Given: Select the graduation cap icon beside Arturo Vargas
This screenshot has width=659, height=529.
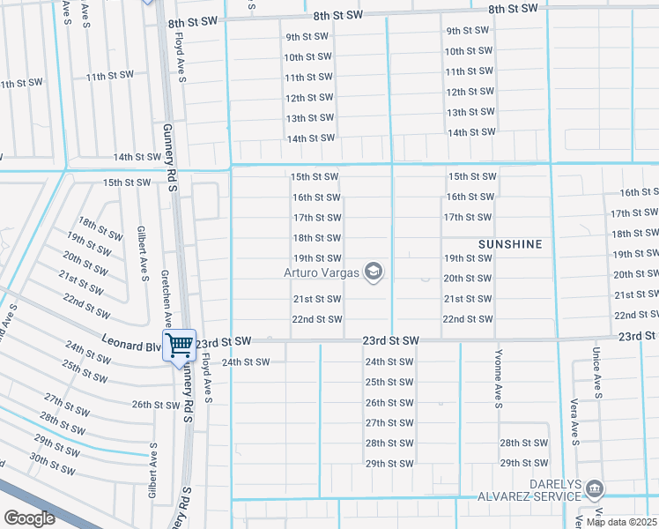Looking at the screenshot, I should pyautogui.click(x=374, y=272).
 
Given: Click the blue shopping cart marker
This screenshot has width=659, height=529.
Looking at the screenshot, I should pyautogui.click(x=179, y=344).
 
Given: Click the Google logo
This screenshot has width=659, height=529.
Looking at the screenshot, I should pyautogui.click(x=28, y=518).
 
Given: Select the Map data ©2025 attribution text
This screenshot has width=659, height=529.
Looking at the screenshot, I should pyautogui.click(x=622, y=522).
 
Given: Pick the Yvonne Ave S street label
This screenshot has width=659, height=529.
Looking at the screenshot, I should pyautogui.click(x=498, y=387).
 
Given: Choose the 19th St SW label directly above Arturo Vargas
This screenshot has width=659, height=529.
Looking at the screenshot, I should pyautogui.click(x=317, y=258).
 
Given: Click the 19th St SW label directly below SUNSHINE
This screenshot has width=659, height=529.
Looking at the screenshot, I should pyautogui.click(x=467, y=258).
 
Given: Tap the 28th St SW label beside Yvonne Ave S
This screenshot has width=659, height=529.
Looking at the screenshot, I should pyautogui.click(x=523, y=443).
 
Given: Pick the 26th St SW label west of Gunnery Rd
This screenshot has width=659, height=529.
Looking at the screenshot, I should pyautogui.click(x=156, y=405).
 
